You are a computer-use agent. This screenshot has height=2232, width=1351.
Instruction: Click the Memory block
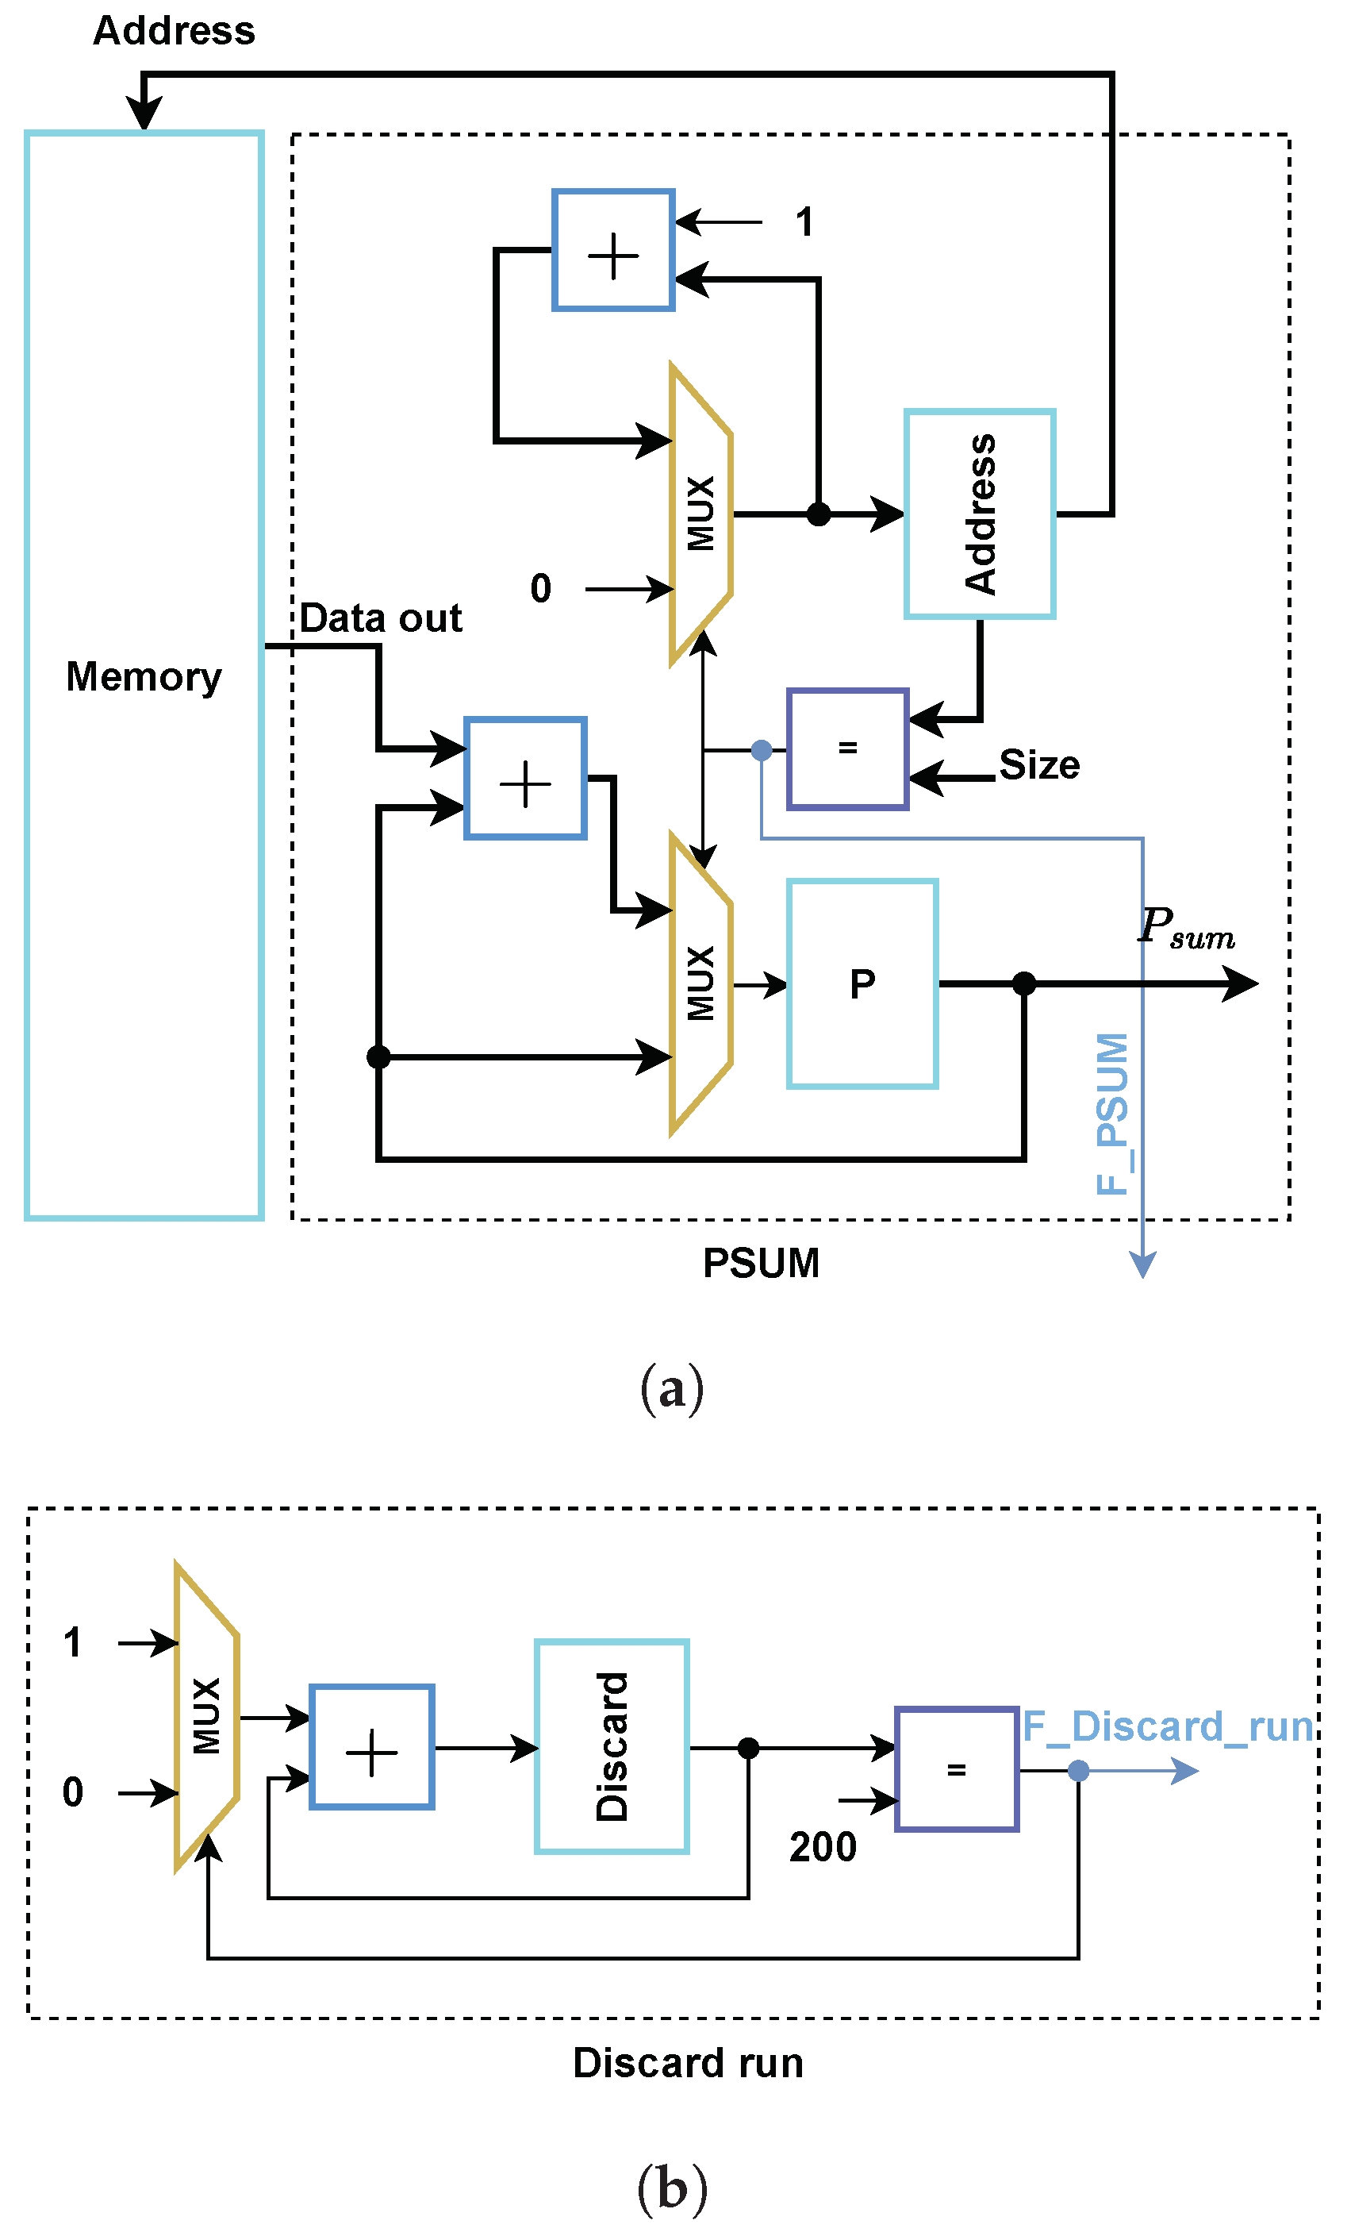tap(144, 675)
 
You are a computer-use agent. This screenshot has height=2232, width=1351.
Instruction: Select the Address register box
tap(980, 514)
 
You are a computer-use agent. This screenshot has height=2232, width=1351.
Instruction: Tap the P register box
tap(862, 983)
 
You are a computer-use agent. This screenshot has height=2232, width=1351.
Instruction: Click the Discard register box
tap(612, 1746)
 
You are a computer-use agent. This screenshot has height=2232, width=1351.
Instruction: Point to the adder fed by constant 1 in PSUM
tap(613, 250)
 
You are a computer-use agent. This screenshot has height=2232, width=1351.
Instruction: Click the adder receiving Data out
tap(525, 778)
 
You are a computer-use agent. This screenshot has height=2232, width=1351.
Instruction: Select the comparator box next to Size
tap(847, 748)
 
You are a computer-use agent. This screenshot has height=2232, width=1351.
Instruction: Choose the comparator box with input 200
tap(956, 1769)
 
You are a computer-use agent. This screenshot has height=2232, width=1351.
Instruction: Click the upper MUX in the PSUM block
tap(700, 514)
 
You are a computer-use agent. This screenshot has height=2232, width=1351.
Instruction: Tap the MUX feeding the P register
tap(700, 983)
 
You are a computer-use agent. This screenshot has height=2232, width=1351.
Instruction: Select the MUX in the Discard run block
tap(206, 1715)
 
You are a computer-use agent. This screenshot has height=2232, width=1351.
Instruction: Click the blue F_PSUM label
tap(1113, 1114)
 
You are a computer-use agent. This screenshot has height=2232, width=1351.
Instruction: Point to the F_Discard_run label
tap(1167, 1726)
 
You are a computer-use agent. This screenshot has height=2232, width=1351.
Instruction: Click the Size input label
tap(1039, 765)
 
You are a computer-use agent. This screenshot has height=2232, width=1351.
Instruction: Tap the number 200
tap(822, 1847)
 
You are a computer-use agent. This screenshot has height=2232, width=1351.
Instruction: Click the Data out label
tap(380, 618)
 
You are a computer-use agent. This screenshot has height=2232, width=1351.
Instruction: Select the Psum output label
tap(1186, 929)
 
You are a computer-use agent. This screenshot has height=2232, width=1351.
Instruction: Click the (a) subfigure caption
tap(672, 1390)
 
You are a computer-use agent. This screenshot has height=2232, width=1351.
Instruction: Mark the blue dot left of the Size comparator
tap(762, 750)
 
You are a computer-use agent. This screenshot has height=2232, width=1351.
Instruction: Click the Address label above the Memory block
tap(174, 31)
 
